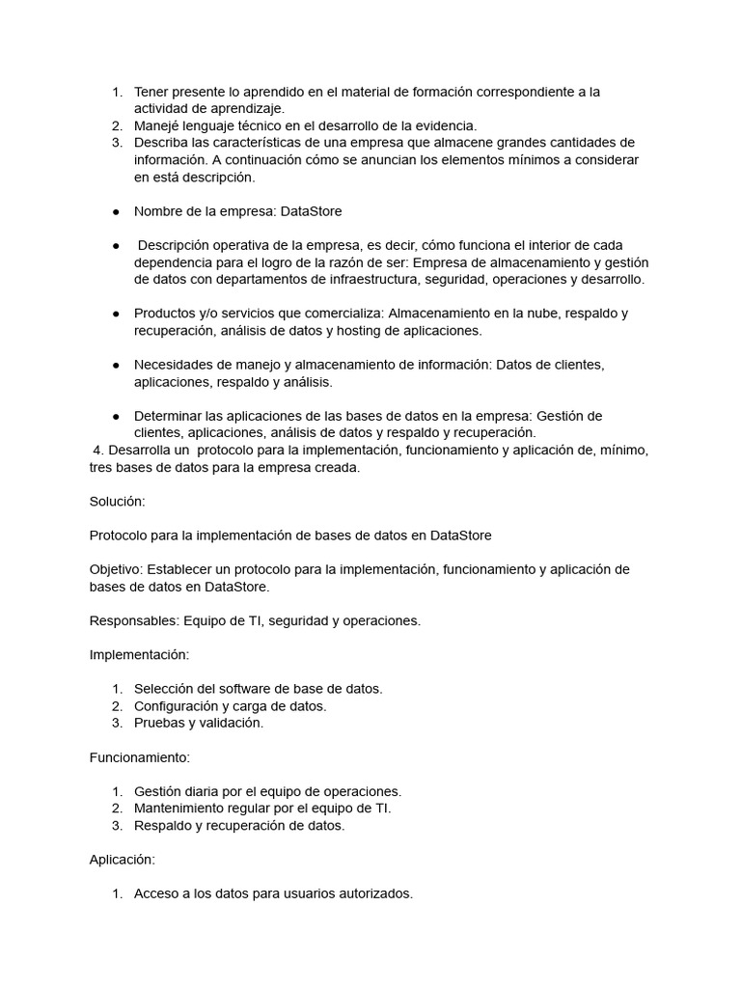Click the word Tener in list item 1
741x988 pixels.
tap(151, 92)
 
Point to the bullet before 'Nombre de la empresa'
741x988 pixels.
tap(116, 211)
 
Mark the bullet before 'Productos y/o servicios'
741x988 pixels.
tap(116, 314)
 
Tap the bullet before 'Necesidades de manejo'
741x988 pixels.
tap(116, 365)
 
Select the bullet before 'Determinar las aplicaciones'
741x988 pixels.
tap(116, 416)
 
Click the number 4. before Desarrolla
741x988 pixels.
tap(97, 451)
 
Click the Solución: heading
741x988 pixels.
tap(117, 502)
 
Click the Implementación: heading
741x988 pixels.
tap(139, 654)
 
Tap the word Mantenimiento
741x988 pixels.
tap(181, 808)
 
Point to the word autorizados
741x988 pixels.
tap(377, 893)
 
